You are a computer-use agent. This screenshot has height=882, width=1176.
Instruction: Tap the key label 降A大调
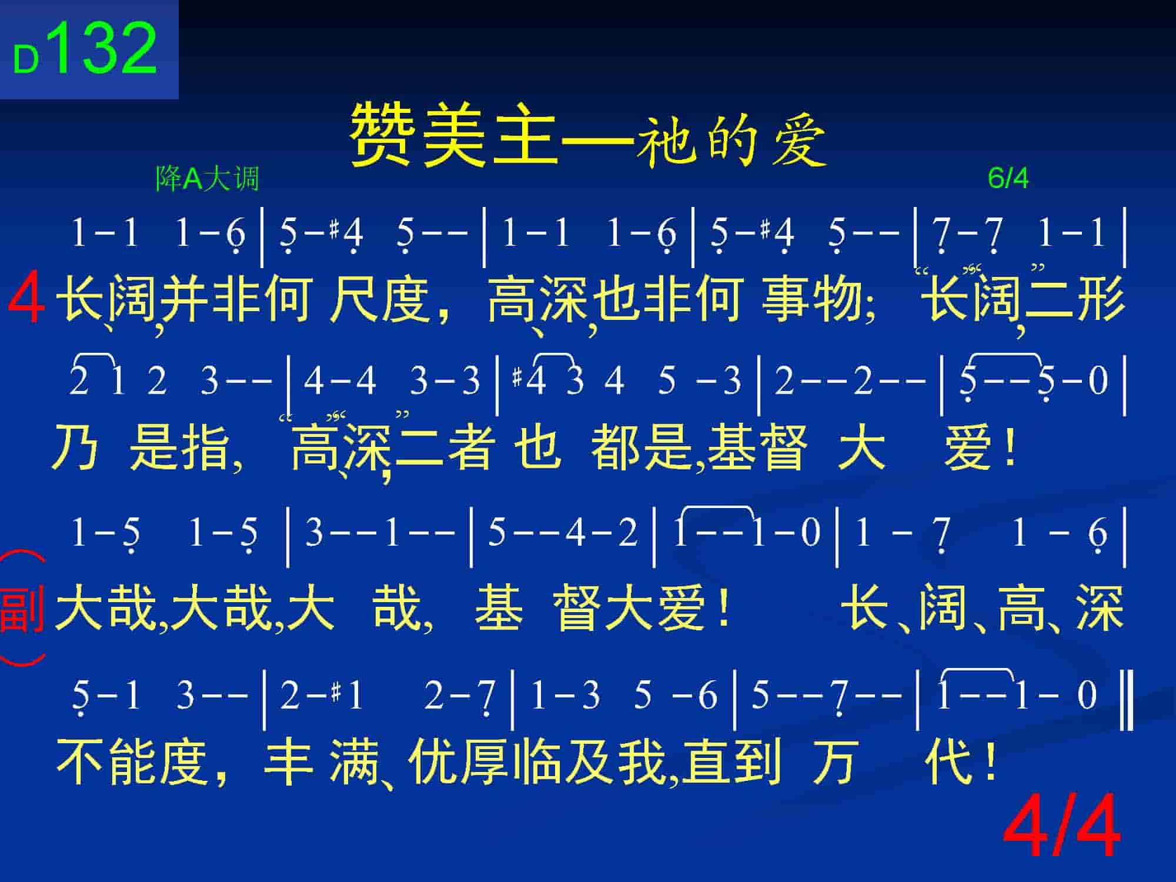coord(207,178)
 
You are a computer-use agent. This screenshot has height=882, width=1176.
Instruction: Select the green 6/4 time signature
coord(1008,178)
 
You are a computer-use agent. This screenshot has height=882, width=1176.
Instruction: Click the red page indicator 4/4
coord(1061,826)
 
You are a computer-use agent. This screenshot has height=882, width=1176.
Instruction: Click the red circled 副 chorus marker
coord(22,608)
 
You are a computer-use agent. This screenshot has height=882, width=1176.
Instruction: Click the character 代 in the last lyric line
coord(948,761)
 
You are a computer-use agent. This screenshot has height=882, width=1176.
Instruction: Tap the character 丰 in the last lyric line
coord(288,761)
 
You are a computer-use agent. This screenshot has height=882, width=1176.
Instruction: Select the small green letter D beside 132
coord(26,59)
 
